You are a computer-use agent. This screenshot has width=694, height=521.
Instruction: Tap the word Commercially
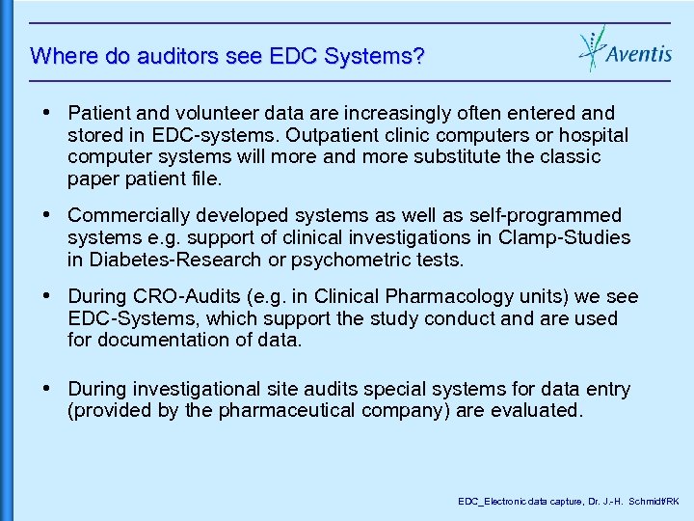(126, 215)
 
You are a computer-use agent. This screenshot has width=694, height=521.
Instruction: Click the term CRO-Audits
(177, 297)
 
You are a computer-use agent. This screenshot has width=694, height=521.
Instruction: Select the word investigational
(194, 389)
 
